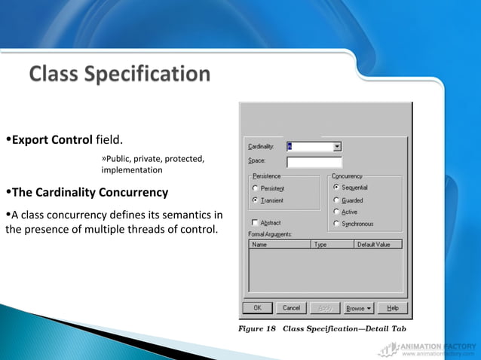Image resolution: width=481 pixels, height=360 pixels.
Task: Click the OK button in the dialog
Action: point(257,308)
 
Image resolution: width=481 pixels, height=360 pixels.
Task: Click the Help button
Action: point(393,308)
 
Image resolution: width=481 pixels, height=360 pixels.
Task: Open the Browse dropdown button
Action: point(359,308)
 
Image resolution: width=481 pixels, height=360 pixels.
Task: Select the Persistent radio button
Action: point(255,188)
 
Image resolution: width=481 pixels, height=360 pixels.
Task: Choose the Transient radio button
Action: point(255,200)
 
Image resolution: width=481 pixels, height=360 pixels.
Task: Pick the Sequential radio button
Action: point(336,187)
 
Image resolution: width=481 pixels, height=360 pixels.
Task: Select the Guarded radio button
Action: point(336,200)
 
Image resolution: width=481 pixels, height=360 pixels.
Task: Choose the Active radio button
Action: point(336,212)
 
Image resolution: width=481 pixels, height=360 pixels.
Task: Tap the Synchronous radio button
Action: point(336,224)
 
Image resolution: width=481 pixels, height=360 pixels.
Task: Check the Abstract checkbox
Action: point(254,223)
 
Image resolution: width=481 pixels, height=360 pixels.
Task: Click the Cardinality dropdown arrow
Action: point(337,147)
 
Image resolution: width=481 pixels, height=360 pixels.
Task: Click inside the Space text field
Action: point(314,162)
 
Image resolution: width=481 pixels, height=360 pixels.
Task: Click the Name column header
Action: point(280,244)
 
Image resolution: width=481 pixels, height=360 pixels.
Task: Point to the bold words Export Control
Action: point(52,140)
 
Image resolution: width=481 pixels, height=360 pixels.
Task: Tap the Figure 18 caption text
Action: point(323,328)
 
